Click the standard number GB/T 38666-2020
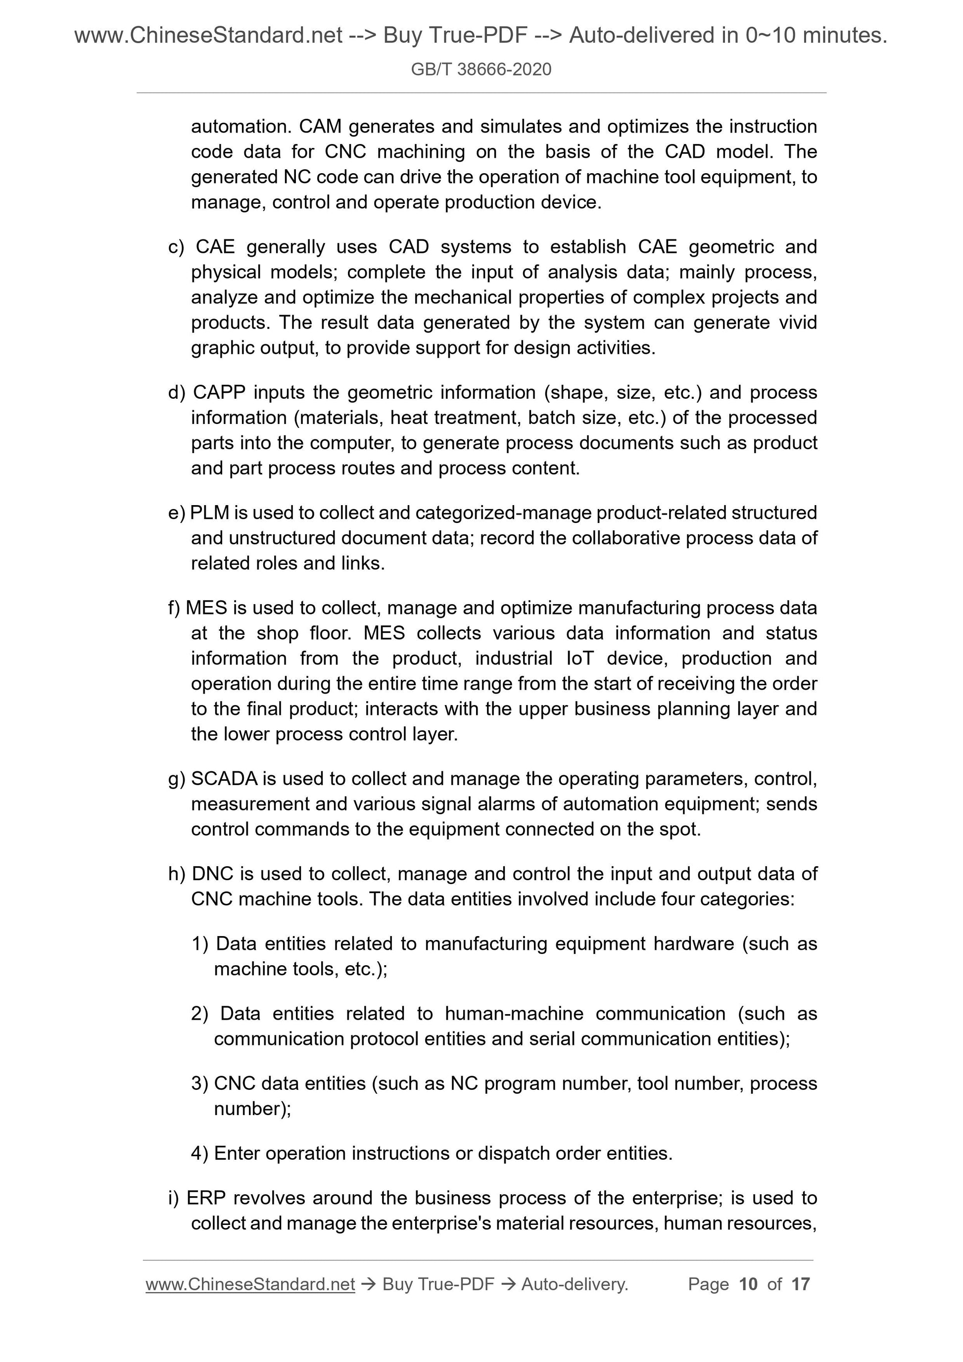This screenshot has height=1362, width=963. pyautogui.click(x=481, y=69)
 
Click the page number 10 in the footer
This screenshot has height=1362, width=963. pyautogui.click(x=748, y=1284)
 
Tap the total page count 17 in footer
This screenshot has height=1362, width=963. pyautogui.click(x=800, y=1284)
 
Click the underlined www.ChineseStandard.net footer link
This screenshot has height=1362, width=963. pyautogui.click(x=250, y=1284)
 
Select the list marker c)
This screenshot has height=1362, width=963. pyautogui.click(x=176, y=247)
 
